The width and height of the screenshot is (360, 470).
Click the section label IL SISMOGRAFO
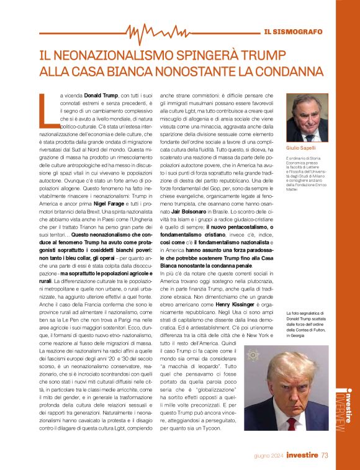(293, 31)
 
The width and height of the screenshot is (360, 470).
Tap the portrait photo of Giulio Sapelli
(307, 117)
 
